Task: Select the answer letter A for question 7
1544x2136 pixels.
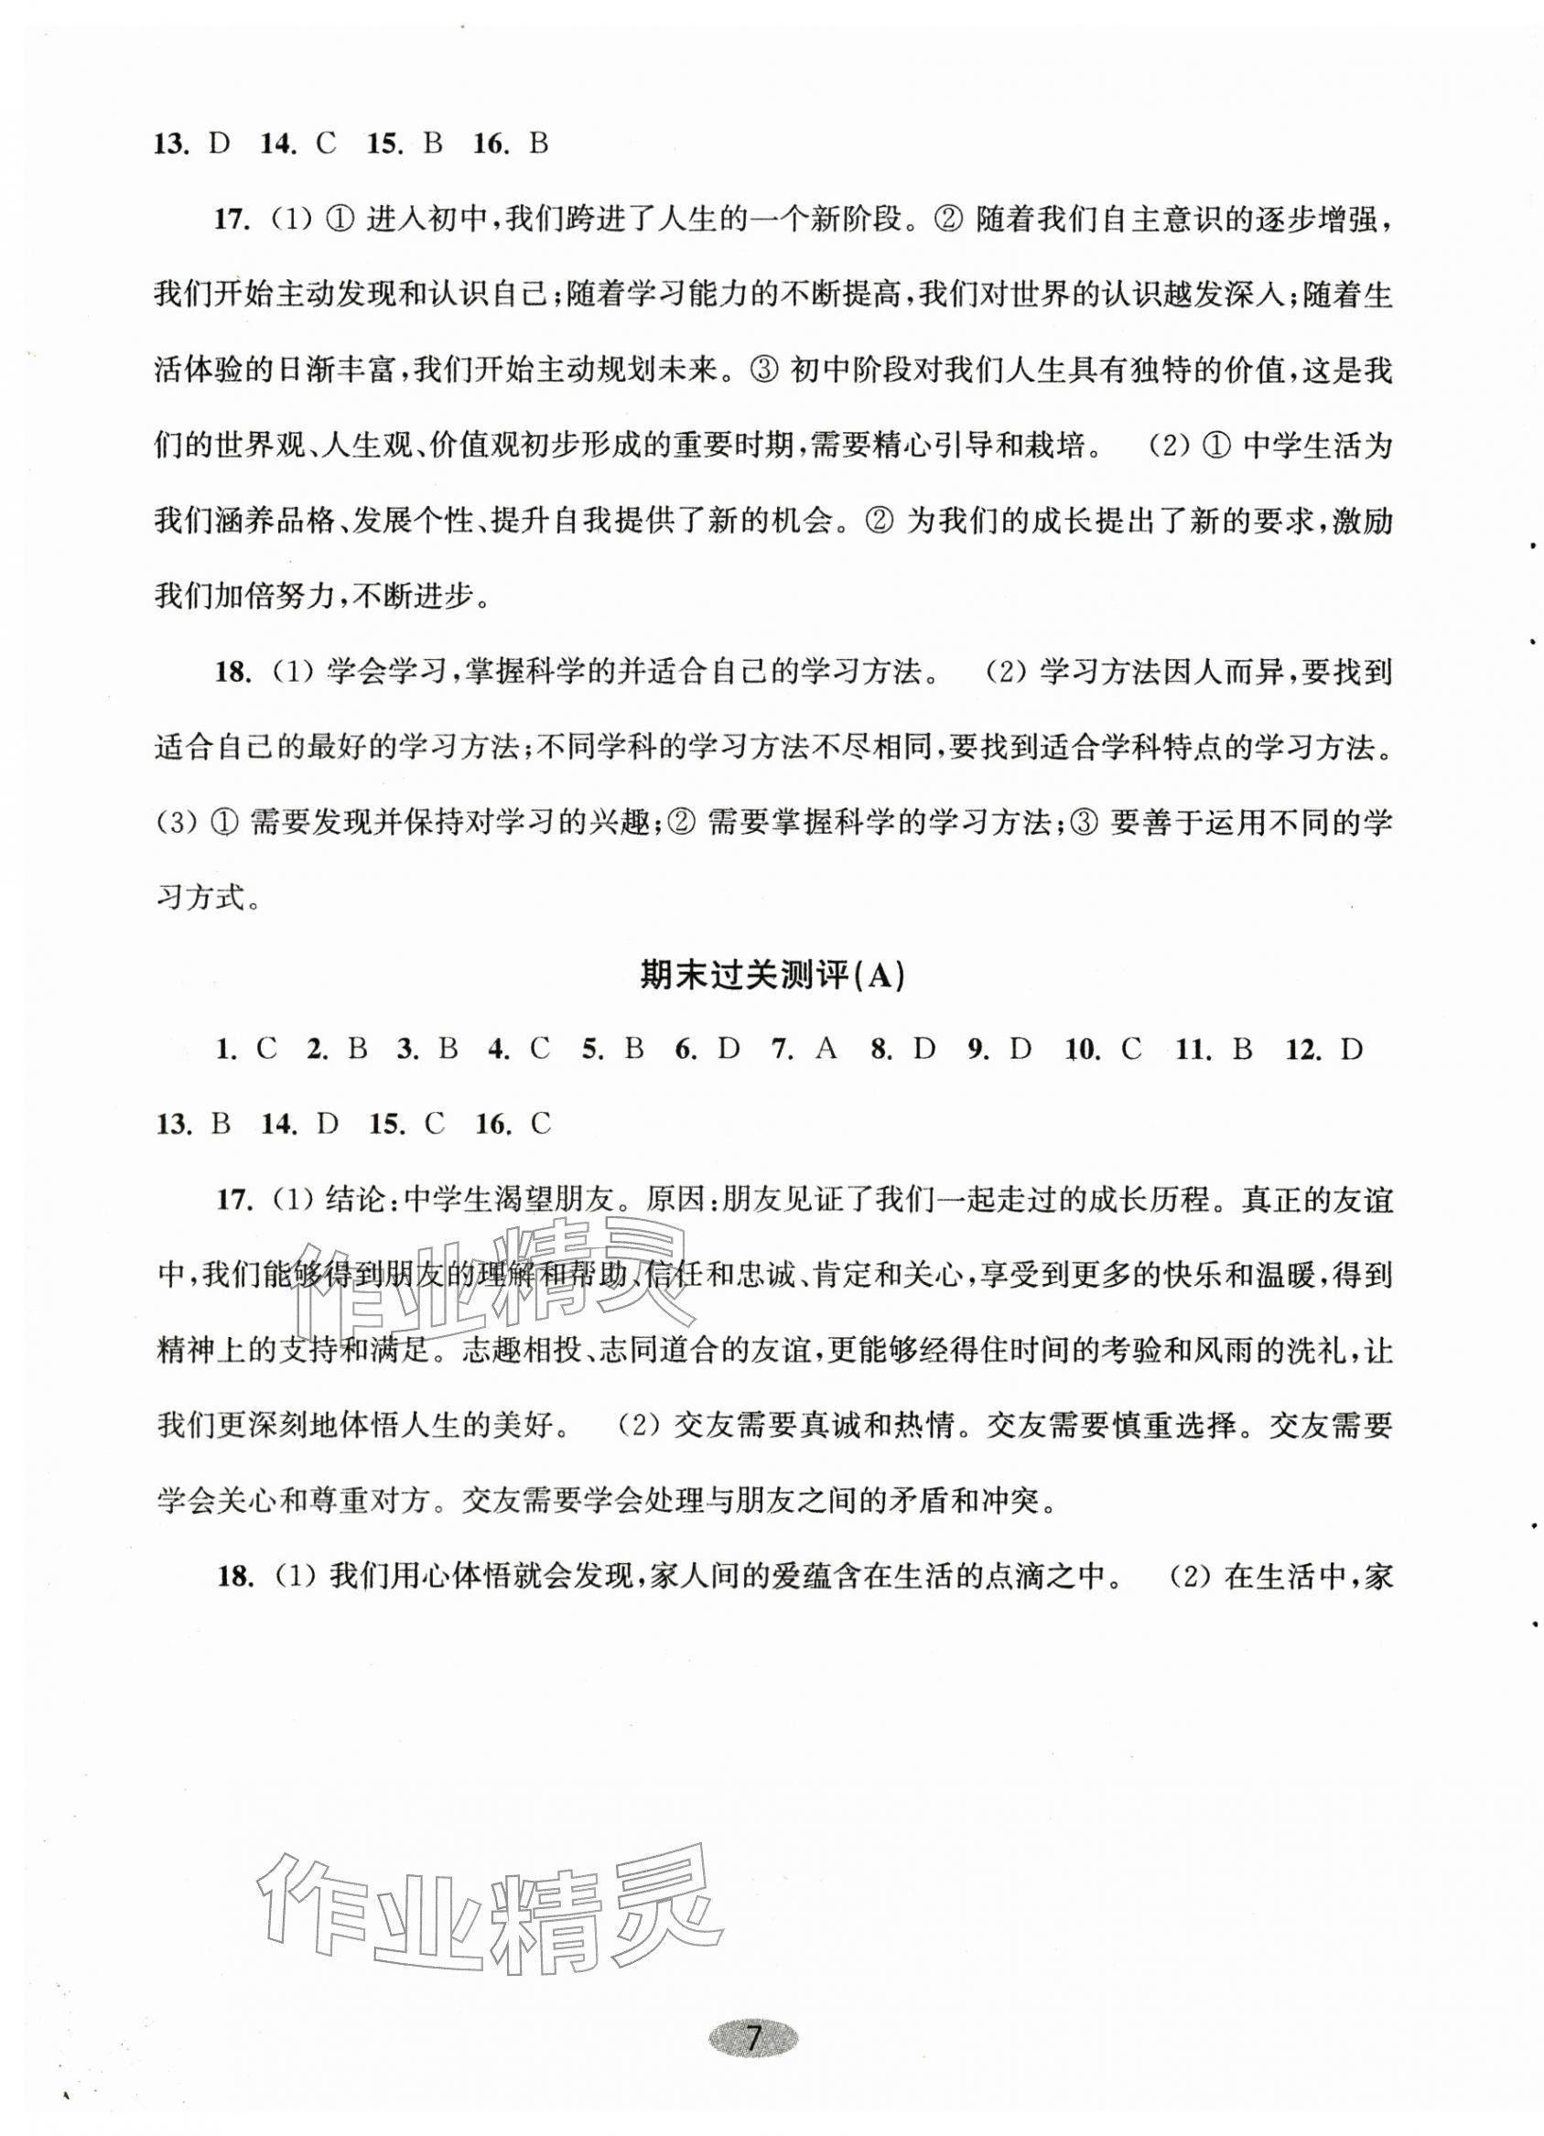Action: (x=826, y=1049)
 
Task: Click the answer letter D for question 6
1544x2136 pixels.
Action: (x=728, y=1049)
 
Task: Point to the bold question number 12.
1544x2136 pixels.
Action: (x=1304, y=1049)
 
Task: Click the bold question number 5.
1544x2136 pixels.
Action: (x=591, y=1049)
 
